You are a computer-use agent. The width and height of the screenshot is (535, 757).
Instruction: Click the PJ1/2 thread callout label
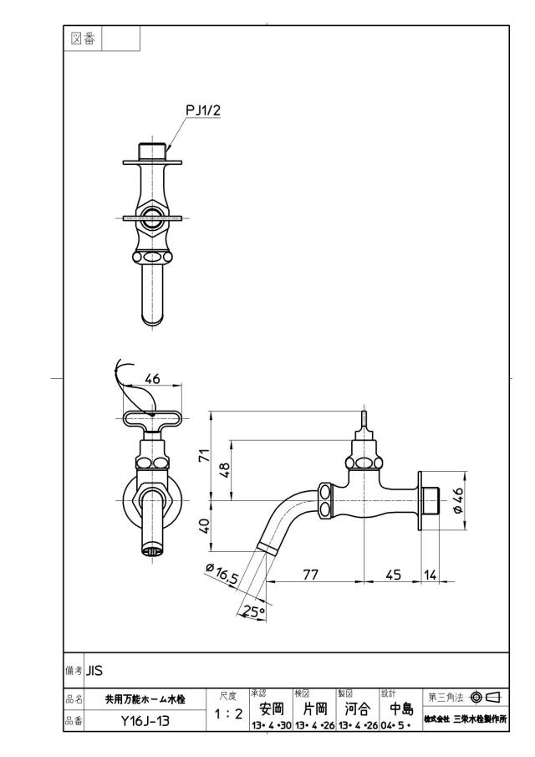(x=203, y=110)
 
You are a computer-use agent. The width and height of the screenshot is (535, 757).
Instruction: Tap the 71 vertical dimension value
(x=205, y=455)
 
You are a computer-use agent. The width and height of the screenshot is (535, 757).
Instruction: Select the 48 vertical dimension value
(x=224, y=468)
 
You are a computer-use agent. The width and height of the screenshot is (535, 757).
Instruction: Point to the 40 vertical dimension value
(x=205, y=526)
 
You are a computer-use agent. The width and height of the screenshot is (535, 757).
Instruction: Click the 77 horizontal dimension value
(x=311, y=575)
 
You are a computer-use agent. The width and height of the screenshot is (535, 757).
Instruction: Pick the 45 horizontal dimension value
(x=393, y=575)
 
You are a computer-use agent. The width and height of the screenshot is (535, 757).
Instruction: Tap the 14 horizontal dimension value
(x=430, y=575)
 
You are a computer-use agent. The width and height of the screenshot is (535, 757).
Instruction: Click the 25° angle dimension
(x=254, y=612)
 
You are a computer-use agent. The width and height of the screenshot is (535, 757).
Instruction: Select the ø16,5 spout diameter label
(x=222, y=574)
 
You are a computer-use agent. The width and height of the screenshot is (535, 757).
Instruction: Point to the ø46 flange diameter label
(x=457, y=501)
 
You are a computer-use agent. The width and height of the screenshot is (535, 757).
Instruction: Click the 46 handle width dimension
(x=152, y=379)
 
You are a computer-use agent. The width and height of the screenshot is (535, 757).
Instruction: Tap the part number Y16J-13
(x=145, y=721)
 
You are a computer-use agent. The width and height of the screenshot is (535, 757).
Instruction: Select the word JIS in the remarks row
(x=94, y=671)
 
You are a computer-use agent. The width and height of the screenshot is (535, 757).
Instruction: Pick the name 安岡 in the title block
(x=271, y=708)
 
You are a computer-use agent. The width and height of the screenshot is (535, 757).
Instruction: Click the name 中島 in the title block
(x=401, y=708)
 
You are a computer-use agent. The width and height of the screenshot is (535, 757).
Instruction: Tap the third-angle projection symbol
(x=487, y=697)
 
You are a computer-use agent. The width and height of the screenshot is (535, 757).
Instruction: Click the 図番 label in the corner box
(x=83, y=38)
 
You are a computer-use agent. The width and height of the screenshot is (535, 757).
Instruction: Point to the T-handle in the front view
(x=152, y=418)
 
